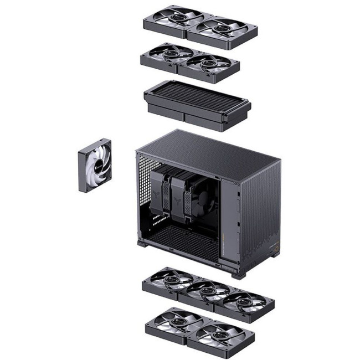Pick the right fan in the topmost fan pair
point(223,28)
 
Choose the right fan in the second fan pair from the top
point(209,63)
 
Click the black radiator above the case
point(197,100)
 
